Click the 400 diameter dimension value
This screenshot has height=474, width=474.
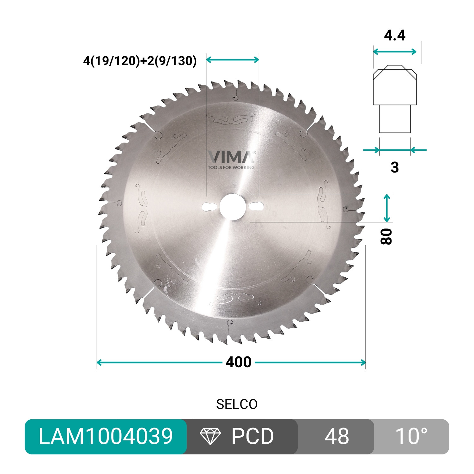[238, 362]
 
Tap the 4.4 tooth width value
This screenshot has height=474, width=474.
[395, 35]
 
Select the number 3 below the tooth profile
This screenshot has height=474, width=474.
[394, 167]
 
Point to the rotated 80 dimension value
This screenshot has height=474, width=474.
[386, 236]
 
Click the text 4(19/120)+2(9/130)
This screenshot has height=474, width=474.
[140, 61]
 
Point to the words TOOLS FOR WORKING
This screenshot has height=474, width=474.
[231, 167]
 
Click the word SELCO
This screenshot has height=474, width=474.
[237, 404]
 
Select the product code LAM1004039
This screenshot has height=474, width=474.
[106, 436]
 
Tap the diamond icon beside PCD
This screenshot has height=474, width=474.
[210, 437]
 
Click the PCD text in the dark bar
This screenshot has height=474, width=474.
[252, 437]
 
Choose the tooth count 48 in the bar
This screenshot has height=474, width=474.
[337, 437]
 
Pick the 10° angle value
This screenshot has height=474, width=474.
[411, 437]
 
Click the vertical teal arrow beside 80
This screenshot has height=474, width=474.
[387, 208]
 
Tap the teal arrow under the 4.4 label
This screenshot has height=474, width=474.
[395, 52]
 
